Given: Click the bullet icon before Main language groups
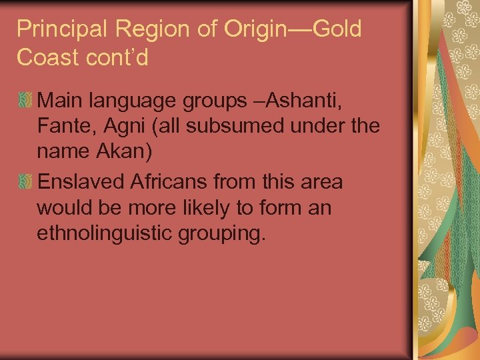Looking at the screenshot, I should point(25,101).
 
